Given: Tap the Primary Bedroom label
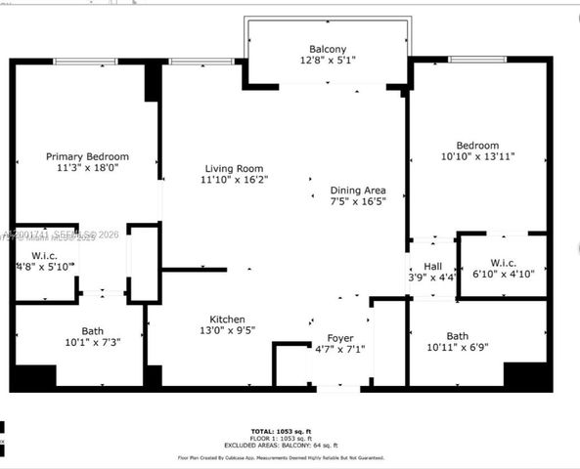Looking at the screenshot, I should click(x=88, y=156).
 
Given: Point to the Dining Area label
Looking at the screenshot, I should click(x=357, y=190).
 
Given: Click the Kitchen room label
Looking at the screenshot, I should click(x=227, y=320).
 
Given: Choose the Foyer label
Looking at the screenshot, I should click(x=339, y=337).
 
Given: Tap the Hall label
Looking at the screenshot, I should click(x=432, y=266).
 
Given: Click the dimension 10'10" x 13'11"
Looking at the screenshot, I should click(x=478, y=156).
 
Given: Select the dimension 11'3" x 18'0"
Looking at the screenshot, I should click(x=87, y=168).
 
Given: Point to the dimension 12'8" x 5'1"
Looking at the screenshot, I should click(x=328, y=62).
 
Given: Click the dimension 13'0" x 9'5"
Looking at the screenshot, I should click(x=227, y=331).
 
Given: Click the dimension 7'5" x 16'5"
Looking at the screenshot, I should click(x=357, y=201).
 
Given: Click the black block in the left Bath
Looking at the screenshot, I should click(x=34, y=376).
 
